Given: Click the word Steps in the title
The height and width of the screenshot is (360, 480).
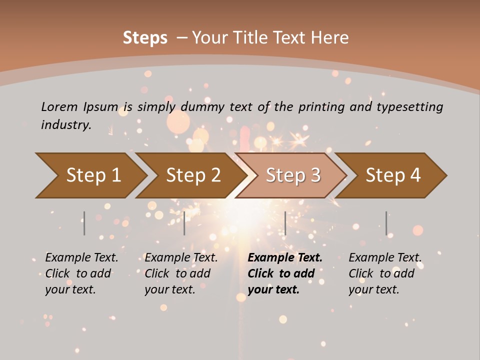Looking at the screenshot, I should click(x=145, y=37).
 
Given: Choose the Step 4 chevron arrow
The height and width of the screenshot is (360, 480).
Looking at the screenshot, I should click(x=391, y=175).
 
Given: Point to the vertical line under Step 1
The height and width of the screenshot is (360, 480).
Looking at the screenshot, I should click(x=84, y=223).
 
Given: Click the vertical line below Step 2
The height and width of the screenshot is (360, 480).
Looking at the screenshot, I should click(x=184, y=223).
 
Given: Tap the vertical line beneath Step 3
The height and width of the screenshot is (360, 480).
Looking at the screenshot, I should click(x=285, y=223).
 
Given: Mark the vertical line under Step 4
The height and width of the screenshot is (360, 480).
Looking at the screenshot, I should click(x=386, y=223).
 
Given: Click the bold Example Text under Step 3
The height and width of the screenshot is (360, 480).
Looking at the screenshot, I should click(x=285, y=273).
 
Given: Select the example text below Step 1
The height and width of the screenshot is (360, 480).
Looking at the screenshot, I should click(x=81, y=273).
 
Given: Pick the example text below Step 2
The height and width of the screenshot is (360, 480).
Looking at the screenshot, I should click(x=181, y=273).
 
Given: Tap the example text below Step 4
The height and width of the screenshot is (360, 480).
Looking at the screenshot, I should click(x=385, y=273).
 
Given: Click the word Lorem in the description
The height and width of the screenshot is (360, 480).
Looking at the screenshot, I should click(x=59, y=106).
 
